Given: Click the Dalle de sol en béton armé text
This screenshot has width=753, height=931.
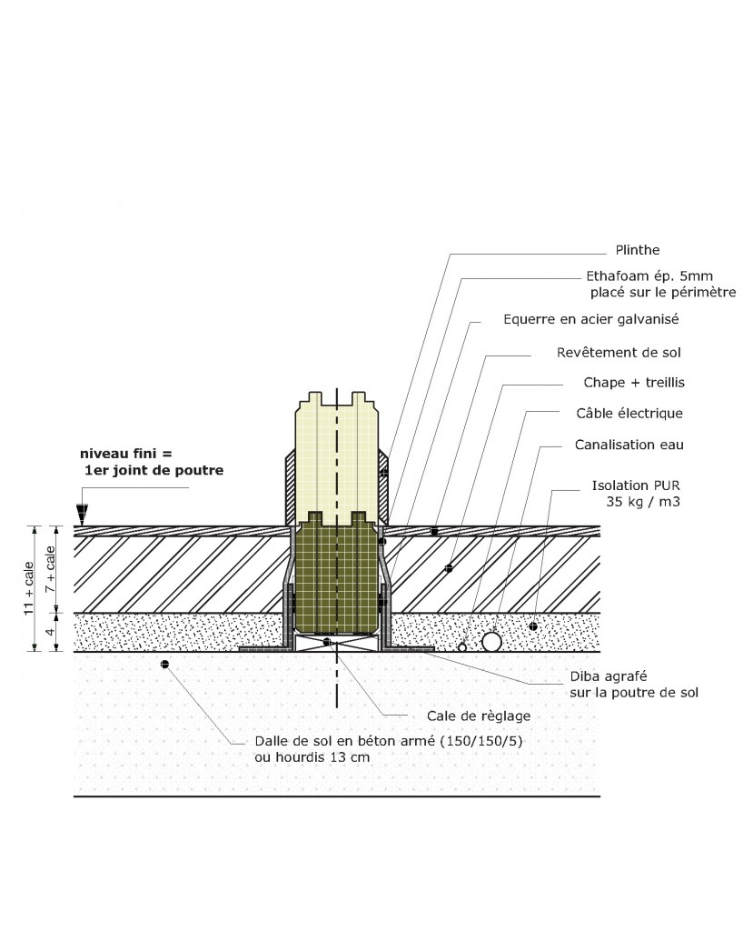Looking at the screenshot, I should pos(376,741).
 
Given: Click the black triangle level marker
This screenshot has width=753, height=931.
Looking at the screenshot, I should pos(83,516).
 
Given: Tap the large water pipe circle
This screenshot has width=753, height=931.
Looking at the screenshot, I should pos(491,642).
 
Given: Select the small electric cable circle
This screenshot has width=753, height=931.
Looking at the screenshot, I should pos(462,647).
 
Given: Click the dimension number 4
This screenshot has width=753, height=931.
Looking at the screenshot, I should pos(52,631).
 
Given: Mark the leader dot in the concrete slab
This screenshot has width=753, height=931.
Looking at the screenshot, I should pos(164,665).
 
